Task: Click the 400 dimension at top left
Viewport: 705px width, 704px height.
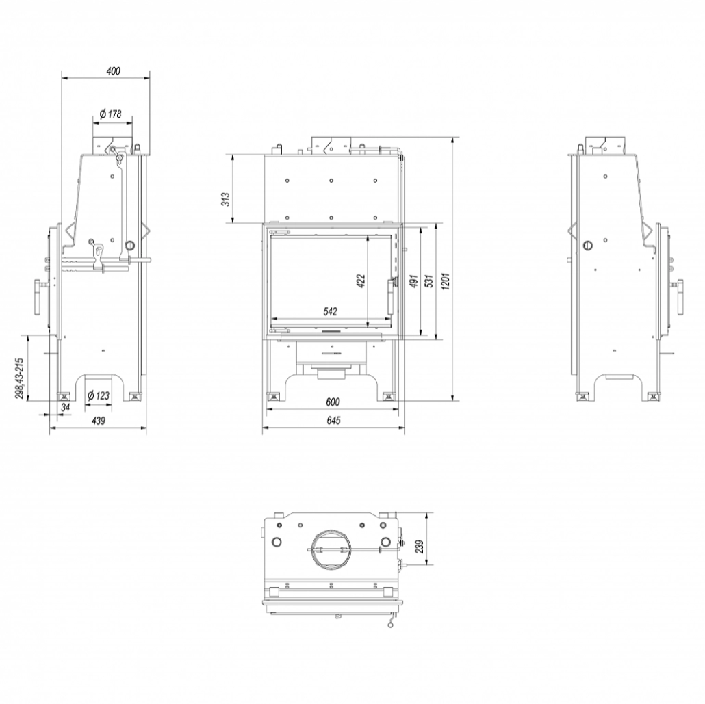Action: pyautogui.click(x=114, y=70)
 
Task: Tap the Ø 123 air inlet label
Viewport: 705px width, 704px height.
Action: pyautogui.click(x=99, y=395)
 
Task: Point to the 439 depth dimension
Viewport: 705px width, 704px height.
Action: pyautogui.click(x=98, y=421)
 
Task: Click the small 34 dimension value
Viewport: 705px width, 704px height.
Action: pyautogui.click(x=66, y=408)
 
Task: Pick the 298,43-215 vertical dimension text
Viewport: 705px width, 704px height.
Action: pyautogui.click(x=20, y=378)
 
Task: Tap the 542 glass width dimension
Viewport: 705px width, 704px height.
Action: pyautogui.click(x=330, y=311)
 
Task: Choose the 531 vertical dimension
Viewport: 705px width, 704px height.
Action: pyautogui.click(x=428, y=281)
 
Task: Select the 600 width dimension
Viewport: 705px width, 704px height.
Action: pyautogui.click(x=333, y=402)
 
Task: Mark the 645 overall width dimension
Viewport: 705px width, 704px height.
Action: pyautogui.click(x=333, y=421)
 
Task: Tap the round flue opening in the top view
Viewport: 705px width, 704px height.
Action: pyautogui.click(x=330, y=548)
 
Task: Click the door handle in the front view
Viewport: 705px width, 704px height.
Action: pyautogui.click(x=392, y=294)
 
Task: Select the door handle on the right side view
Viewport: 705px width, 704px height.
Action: pyautogui.click(x=680, y=298)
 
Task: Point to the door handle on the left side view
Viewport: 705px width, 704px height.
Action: pyautogui.click(x=36, y=296)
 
